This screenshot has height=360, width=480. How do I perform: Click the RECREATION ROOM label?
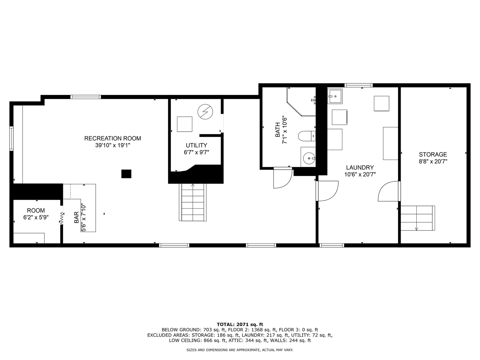[x=112, y=138]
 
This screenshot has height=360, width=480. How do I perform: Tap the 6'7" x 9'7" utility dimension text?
[x=196, y=152]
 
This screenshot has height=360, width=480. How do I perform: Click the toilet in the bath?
[x=306, y=136]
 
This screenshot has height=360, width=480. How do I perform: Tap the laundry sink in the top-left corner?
[x=335, y=97]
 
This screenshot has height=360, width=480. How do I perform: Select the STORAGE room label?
[x=433, y=154]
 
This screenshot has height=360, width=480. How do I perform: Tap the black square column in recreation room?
[x=126, y=174]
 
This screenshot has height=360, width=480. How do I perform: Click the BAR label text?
[x=76, y=217]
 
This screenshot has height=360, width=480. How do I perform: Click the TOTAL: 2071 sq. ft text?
[x=240, y=324]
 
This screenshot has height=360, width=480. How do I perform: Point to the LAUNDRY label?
[x=360, y=168]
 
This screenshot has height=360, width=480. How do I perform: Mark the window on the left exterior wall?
[x=11, y=138]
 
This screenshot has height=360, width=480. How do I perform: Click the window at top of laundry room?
[x=358, y=85]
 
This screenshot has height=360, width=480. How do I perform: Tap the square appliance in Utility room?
[x=184, y=124]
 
